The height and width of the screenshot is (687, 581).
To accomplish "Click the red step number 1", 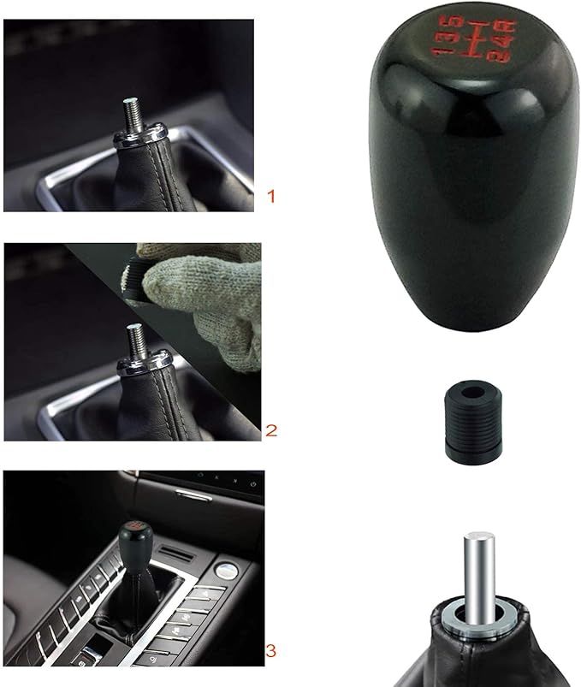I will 271,197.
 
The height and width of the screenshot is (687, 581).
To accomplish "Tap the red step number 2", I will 271,430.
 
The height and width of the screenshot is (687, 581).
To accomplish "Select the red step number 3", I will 272,652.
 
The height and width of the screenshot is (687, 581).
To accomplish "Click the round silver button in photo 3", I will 228,567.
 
